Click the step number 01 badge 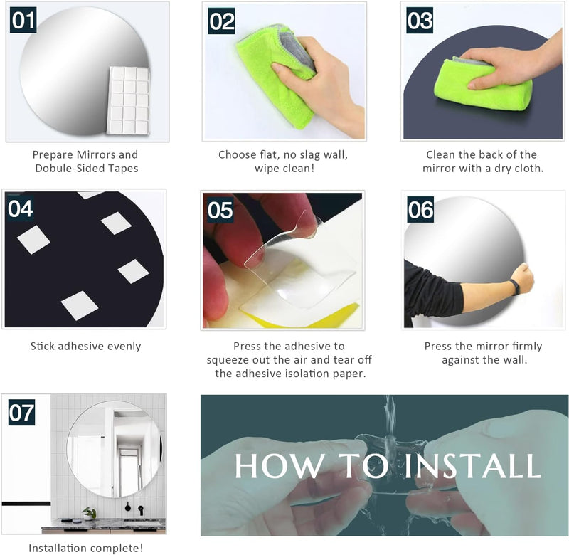click(23, 20)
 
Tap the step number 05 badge click(220, 210)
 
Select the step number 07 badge click(22, 413)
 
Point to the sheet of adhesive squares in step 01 click(129, 100)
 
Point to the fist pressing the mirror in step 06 click(523, 277)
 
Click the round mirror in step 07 click(115, 449)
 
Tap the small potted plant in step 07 click(89, 514)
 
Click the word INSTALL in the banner click(472, 465)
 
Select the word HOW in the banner click(280, 465)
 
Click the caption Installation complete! click(85, 548)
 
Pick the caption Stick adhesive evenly click(85, 346)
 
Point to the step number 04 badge click(21, 208)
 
